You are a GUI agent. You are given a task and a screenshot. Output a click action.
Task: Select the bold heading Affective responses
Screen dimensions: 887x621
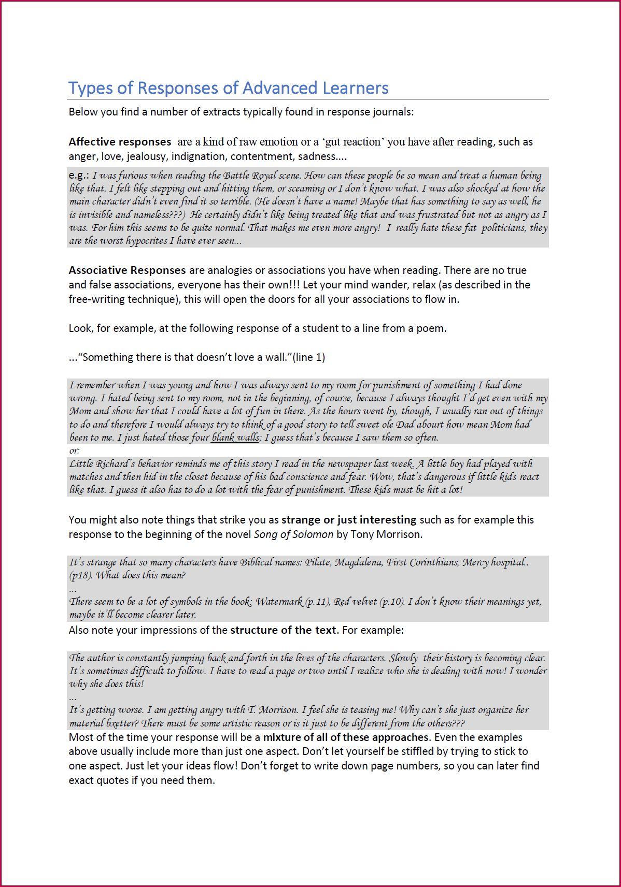(x=120, y=142)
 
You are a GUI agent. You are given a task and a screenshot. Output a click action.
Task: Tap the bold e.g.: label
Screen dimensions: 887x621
(x=79, y=176)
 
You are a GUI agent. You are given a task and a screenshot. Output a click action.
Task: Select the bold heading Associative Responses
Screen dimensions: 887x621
(x=127, y=270)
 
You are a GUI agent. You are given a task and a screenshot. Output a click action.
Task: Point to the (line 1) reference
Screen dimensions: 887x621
(x=309, y=357)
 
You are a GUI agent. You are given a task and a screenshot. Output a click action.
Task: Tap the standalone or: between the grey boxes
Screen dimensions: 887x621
(x=74, y=450)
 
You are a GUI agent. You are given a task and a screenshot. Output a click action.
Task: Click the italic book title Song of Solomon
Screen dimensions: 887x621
(x=293, y=534)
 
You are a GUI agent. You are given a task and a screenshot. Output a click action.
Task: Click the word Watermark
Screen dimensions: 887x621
(x=279, y=602)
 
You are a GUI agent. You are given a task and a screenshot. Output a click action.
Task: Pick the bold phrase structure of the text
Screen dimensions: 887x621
(x=284, y=630)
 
